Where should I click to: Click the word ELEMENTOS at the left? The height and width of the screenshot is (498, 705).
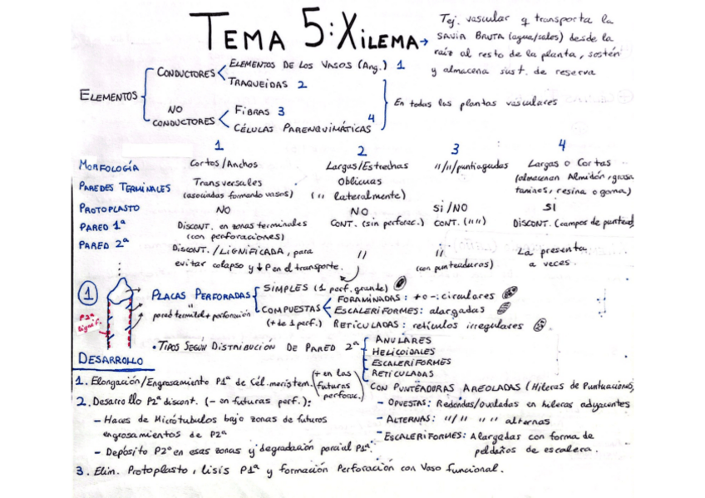point(108,96)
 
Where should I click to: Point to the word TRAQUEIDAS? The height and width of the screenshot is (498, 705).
point(258,84)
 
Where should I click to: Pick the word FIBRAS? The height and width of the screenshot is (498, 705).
point(254,110)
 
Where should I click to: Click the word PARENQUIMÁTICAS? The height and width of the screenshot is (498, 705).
point(328,129)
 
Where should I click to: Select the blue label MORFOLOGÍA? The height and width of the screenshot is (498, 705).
point(109,167)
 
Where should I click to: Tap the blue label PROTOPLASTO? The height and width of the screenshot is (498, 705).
point(110,209)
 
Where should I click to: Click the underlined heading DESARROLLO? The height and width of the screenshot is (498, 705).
point(112,359)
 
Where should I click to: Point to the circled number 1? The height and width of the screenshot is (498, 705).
point(88,294)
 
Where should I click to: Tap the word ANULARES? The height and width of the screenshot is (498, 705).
point(403,340)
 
